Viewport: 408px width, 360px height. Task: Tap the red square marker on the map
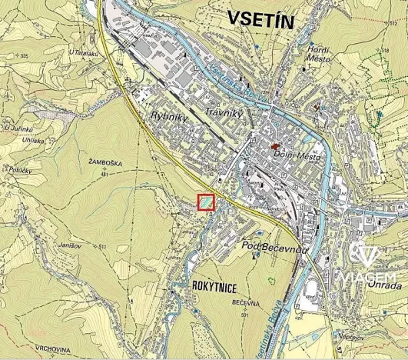tap(206, 202)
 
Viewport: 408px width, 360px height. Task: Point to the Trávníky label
tap(224, 113)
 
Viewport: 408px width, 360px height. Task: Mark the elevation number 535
tap(24, 56)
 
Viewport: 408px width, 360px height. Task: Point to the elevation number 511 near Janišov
tap(102, 246)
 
